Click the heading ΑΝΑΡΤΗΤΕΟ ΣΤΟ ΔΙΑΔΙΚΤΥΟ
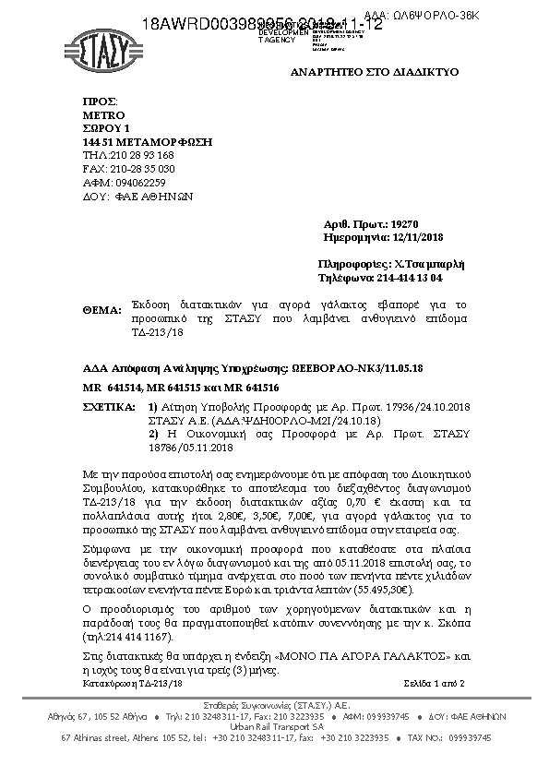click(x=374, y=71)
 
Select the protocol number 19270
click(x=405, y=224)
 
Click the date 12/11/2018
click(x=417, y=237)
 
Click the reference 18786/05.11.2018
click(x=200, y=448)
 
